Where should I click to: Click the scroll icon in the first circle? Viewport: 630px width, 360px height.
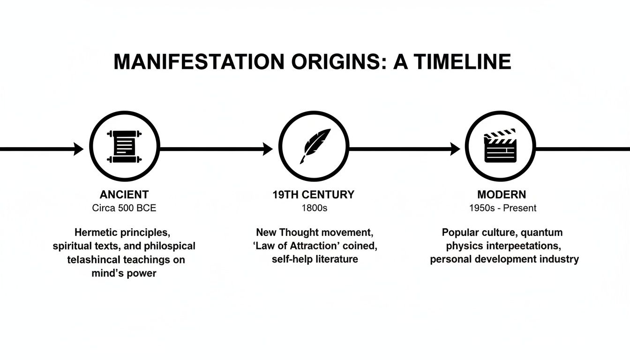pyautogui.click(x=124, y=147)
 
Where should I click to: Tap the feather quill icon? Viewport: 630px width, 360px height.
pyautogui.click(x=314, y=147)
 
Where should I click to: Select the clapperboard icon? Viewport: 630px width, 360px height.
pyautogui.click(x=500, y=147)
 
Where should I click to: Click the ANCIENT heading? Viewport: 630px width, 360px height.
pyautogui.click(x=124, y=195)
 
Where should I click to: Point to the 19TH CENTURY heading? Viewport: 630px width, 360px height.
pyautogui.click(x=314, y=195)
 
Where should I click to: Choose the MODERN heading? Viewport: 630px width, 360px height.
pyautogui.click(x=502, y=195)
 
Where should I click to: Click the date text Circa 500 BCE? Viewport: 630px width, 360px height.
pyautogui.click(x=124, y=208)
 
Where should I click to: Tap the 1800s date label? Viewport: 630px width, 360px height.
pyautogui.click(x=314, y=208)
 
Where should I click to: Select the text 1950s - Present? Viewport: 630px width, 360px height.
pyautogui.click(x=502, y=208)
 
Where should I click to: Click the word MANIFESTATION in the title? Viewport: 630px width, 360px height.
pyautogui.click(x=199, y=62)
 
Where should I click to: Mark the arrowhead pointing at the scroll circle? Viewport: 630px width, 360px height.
pyautogui.click(x=79, y=149)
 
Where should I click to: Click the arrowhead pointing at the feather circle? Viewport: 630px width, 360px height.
pyautogui.click(x=268, y=149)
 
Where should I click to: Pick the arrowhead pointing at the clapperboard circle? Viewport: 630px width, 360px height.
pyautogui.click(x=455, y=149)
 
